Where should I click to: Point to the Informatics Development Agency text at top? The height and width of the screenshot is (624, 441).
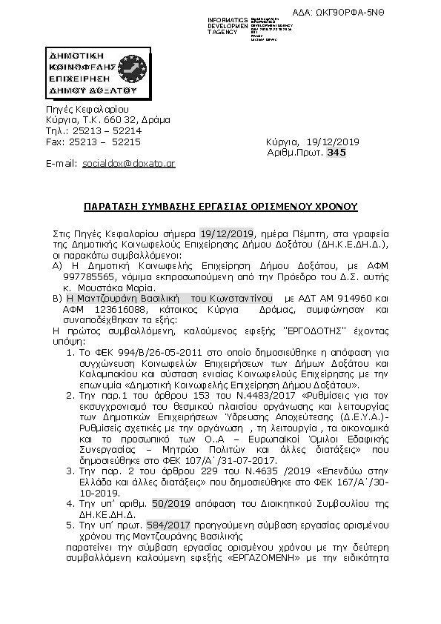[228, 24]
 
